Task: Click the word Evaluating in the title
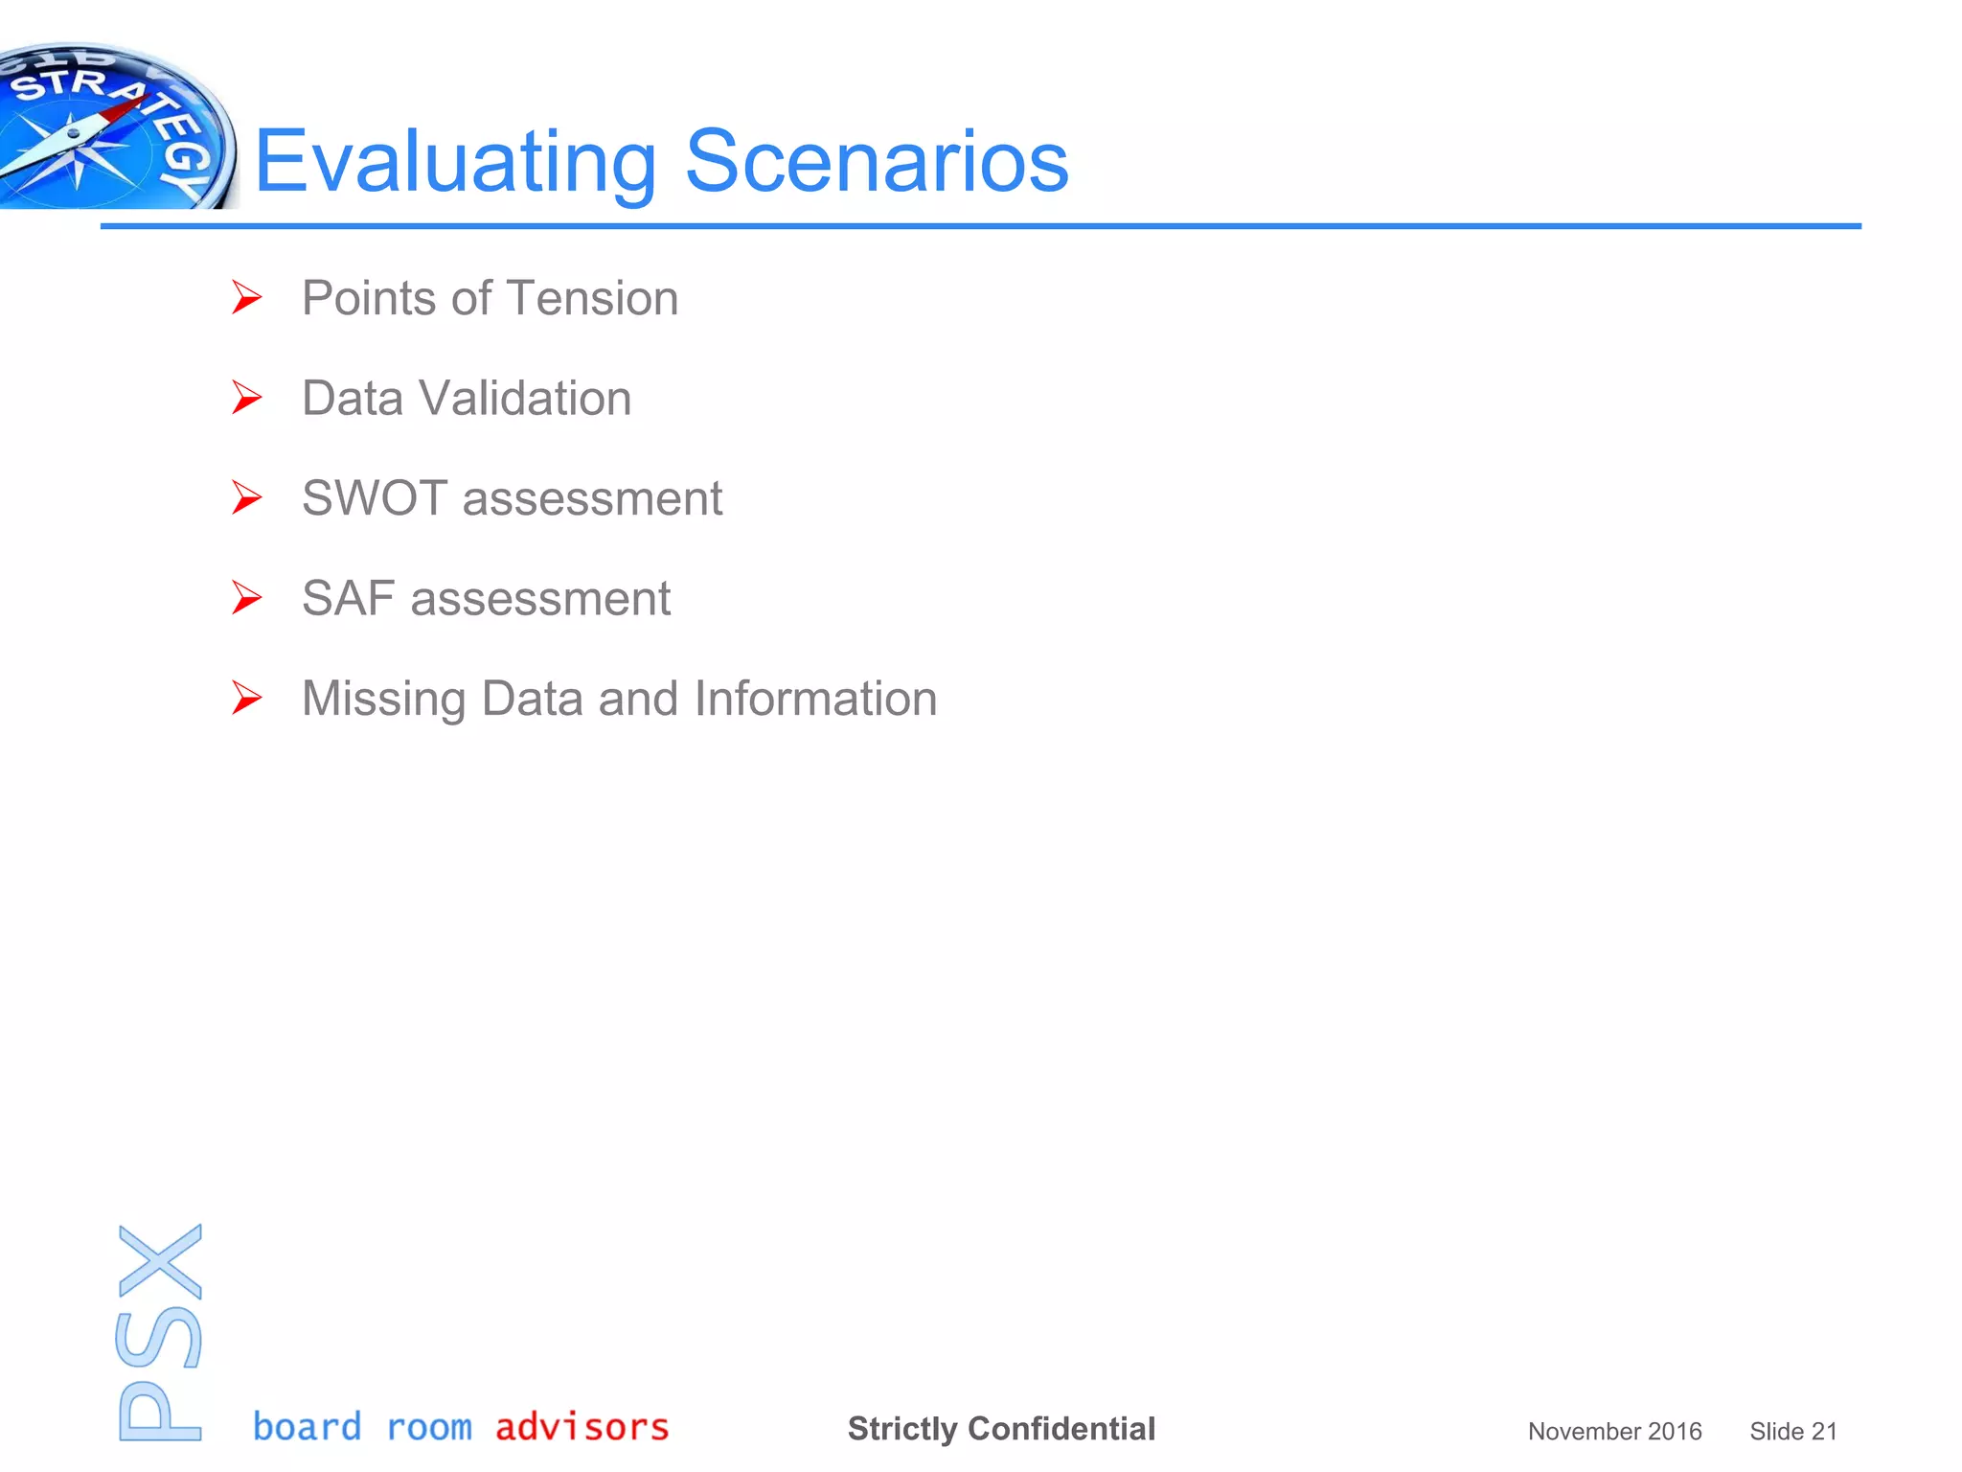click(x=455, y=163)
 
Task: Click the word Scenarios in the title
click(x=877, y=161)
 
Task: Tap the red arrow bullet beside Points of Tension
click(x=246, y=297)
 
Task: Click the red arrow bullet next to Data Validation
click(x=246, y=398)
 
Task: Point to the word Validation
click(x=525, y=399)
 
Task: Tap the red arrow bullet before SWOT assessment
click(x=246, y=498)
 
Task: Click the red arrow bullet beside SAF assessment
click(x=246, y=598)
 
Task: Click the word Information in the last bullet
click(x=815, y=699)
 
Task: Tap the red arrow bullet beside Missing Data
click(x=246, y=699)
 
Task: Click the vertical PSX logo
click(x=160, y=1332)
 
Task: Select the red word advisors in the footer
click(x=582, y=1427)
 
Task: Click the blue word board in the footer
click(x=308, y=1427)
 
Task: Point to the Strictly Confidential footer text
click(x=1001, y=1429)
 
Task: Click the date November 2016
click(x=1614, y=1432)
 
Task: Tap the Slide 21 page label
click(x=1792, y=1432)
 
